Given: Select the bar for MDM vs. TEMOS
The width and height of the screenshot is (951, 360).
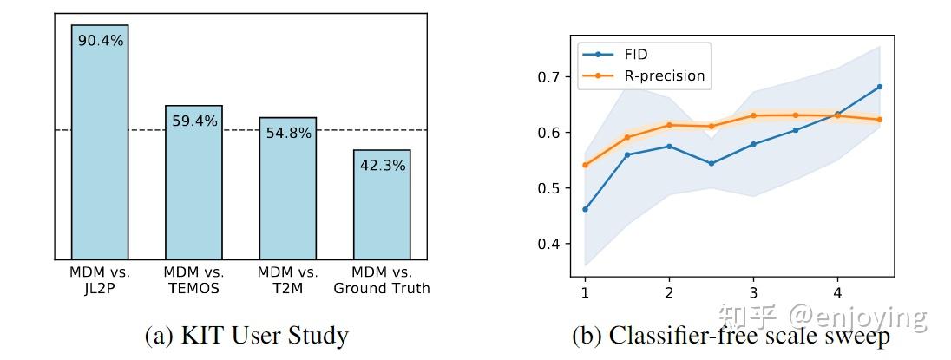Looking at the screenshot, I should click(193, 182).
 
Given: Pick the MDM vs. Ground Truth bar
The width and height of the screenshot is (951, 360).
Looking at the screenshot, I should click(381, 204).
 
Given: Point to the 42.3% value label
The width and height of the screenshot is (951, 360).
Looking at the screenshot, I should click(381, 165).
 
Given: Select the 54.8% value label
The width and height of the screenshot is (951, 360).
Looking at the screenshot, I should click(287, 133).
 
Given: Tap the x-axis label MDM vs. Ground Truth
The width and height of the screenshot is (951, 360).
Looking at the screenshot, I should click(381, 280).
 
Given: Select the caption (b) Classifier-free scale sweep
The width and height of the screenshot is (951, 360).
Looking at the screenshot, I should click(731, 336).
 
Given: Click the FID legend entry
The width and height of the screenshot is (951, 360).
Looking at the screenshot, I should click(636, 55).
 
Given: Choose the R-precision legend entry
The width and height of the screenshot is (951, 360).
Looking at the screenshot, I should click(664, 75).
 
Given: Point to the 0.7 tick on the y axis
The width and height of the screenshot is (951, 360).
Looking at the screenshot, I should click(548, 77).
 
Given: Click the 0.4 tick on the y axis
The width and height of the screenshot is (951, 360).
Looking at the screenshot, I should click(548, 244).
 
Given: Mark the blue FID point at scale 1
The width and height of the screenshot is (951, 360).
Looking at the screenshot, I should click(585, 209).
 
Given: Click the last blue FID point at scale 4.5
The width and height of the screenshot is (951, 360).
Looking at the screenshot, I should click(880, 87).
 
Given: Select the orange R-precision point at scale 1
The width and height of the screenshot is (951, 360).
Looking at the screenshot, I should click(585, 165).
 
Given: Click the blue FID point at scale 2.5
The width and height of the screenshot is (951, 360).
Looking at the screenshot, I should click(712, 163).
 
